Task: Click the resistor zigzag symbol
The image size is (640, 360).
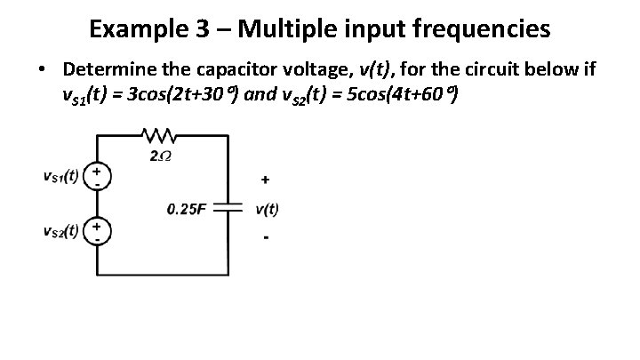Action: point(159,135)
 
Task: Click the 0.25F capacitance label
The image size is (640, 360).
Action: point(187,211)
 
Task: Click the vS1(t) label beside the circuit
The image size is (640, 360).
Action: point(60,175)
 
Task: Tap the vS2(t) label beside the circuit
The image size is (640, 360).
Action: point(60,232)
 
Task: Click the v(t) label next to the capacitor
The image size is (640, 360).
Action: point(267,211)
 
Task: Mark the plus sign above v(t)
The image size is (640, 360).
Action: point(265,180)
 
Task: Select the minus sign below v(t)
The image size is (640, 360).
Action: point(265,238)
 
